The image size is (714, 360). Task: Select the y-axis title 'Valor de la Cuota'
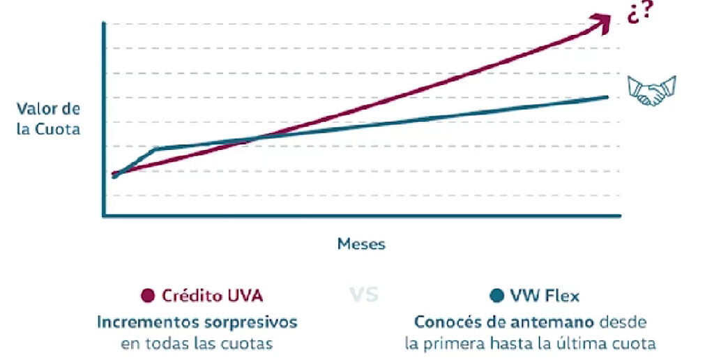click(49, 119)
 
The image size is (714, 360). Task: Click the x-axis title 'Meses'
click(361, 244)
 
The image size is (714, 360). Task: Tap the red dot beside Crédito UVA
click(147, 296)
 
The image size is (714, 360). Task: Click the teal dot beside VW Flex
click(496, 296)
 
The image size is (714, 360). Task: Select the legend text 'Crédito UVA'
click(212, 296)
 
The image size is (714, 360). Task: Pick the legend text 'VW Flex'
click(544, 296)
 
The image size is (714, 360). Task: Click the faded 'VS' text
click(363, 295)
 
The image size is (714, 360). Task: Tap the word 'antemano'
click(554, 322)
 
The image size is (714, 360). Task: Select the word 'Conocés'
click(446, 322)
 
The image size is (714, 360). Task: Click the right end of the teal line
click(607, 97)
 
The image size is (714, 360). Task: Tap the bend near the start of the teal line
click(155, 149)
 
